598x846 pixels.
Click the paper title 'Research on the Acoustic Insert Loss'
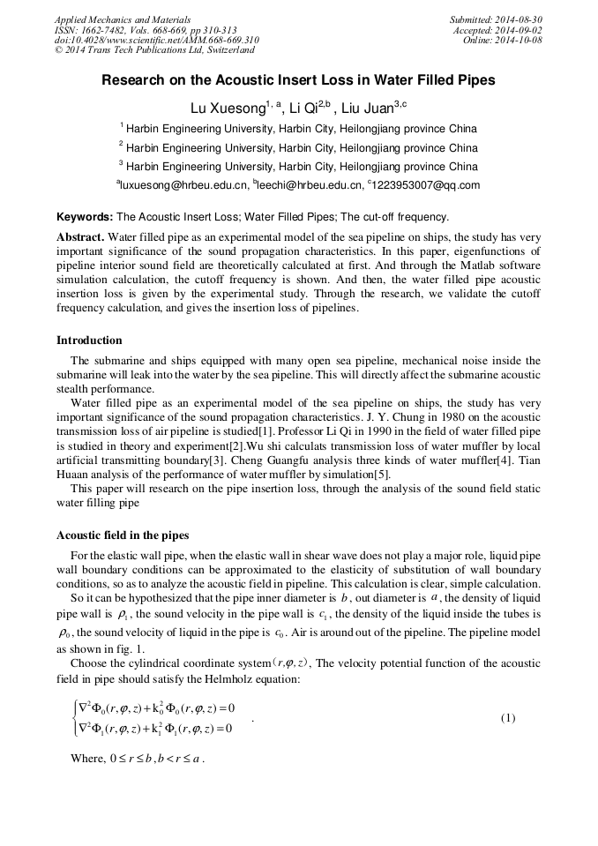pyautogui.click(x=298, y=80)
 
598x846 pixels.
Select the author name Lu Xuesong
pyautogui.click(x=228, y=108)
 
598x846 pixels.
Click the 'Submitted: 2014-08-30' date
pyautogui.click(x=496, y=19)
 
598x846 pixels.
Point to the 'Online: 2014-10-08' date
pyautogui.click(x=503, y=40)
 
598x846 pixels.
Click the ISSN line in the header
pyautogui.click(x=145, y=29)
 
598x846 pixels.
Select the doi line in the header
pyautogui.click(x=156, y=40)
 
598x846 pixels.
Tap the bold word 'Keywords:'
pyautogui.click(x=85, y=217)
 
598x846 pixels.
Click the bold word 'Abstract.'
pyautogui.click(x=80, y=237)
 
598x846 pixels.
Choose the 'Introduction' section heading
pyautogui.click(x=89, y=341)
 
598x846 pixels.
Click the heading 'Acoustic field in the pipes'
pyautogui.click(x=123, y=535)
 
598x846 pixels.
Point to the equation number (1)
pyautogui.click(x=508, y=718)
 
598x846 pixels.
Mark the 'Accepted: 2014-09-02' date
pyautogui.click(x=497, y=29)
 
